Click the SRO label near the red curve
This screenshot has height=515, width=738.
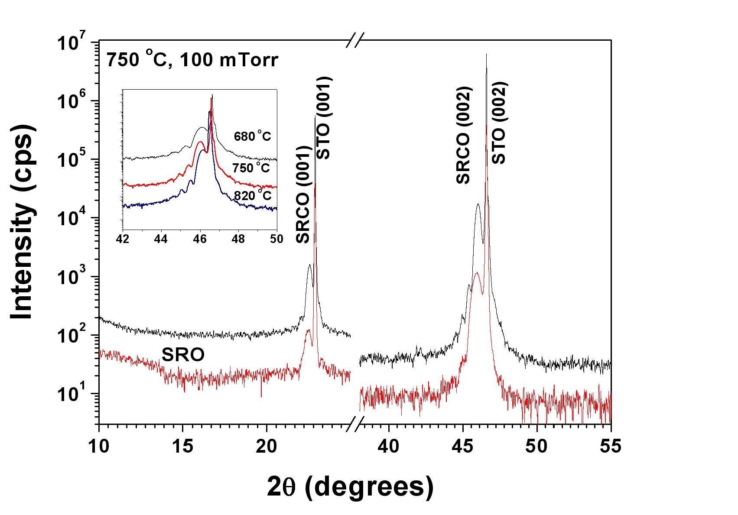point(183,355)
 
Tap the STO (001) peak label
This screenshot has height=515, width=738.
point(325,118)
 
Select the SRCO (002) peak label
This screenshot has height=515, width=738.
point(463,136)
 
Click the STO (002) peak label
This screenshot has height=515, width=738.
point(499,123)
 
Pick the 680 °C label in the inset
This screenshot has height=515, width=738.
point(252,136)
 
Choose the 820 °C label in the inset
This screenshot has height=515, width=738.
point(253,196)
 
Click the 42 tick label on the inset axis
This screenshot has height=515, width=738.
point(124,239)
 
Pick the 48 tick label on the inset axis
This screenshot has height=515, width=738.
point(238,239)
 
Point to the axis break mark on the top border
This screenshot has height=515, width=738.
point(355,42)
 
